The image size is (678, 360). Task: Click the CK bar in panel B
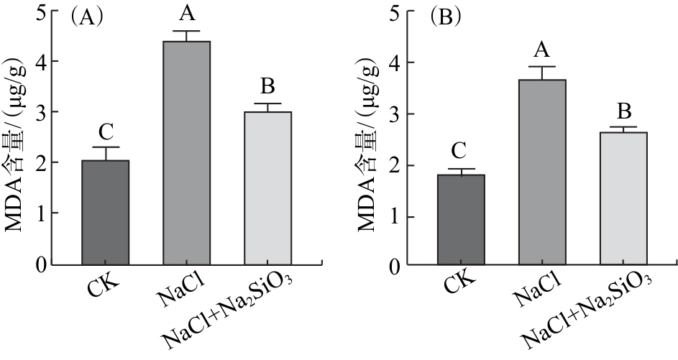pos(462,219)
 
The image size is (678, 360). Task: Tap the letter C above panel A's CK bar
pos(105,132)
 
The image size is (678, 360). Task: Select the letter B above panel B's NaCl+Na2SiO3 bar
pos(624,112)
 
